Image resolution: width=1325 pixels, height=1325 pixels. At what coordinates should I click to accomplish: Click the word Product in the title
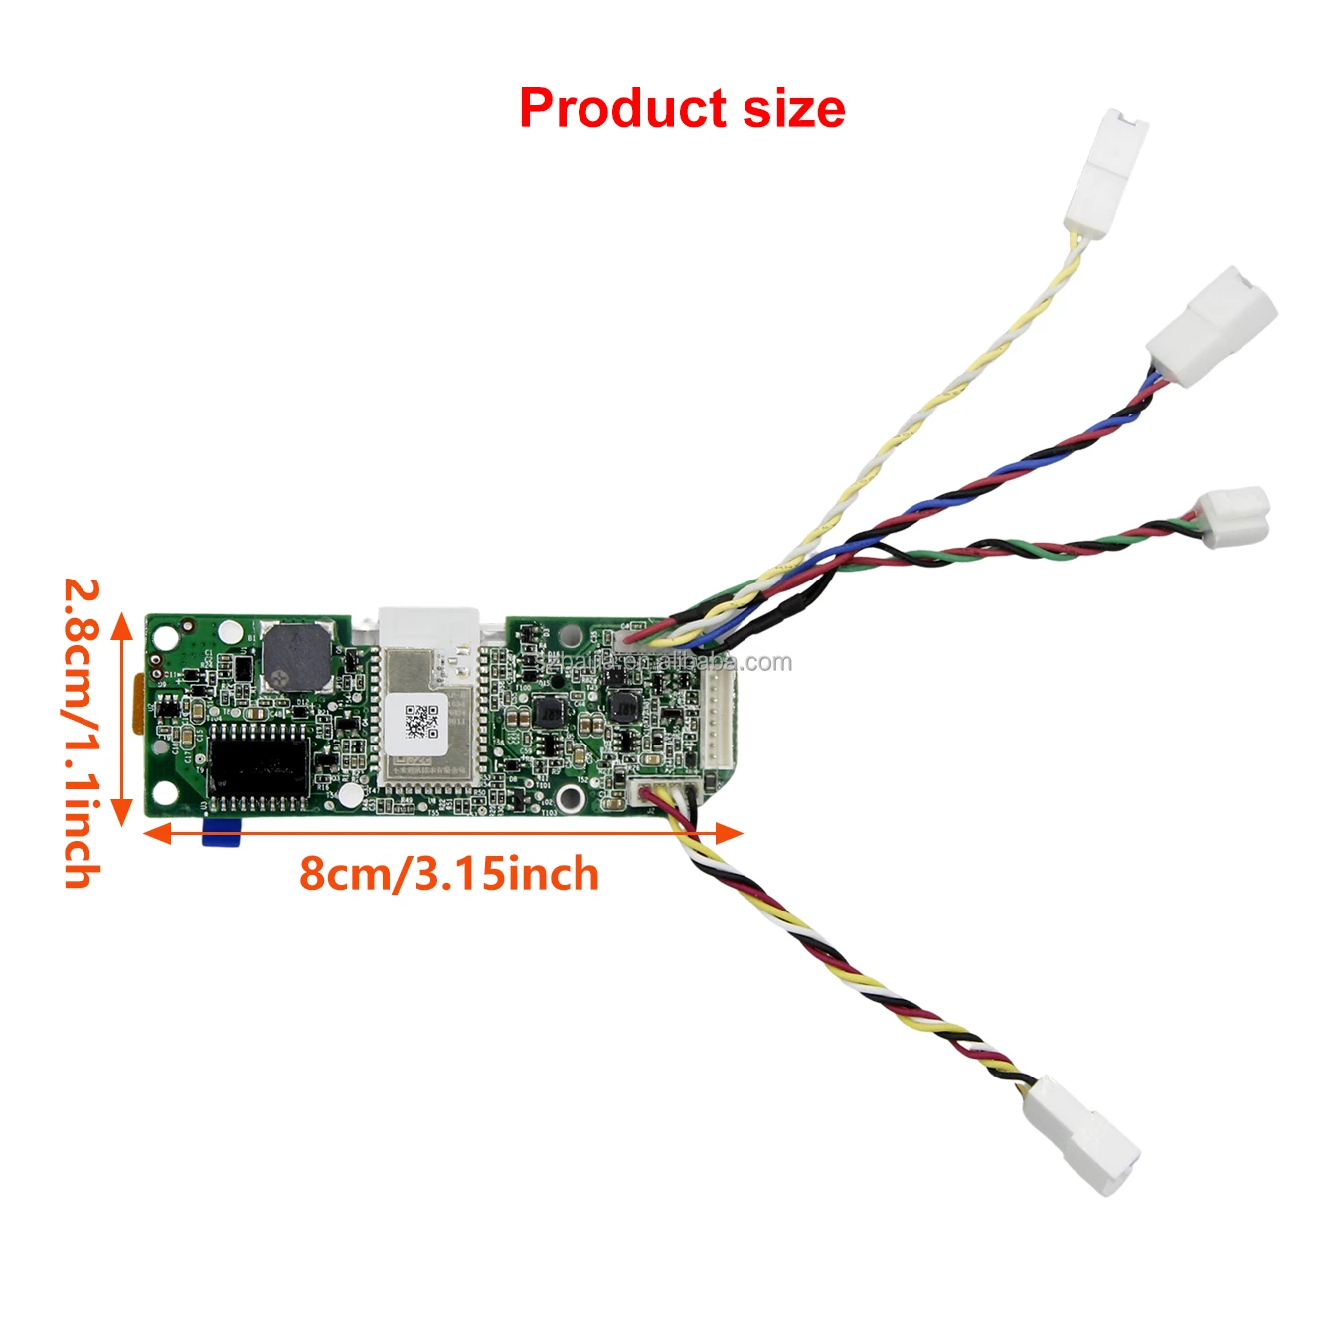tap(623, 108)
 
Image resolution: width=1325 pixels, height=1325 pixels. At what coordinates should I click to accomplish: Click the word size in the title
tap(793, 108)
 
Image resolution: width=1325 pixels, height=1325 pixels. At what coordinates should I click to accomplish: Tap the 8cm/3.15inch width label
tap(449, 874)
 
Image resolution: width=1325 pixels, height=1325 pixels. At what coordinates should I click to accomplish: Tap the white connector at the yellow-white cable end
tap(1105, 174)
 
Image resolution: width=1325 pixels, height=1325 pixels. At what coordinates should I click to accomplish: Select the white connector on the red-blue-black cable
tap(1211, 325)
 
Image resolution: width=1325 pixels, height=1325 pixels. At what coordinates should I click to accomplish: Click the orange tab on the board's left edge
tap(139, 704)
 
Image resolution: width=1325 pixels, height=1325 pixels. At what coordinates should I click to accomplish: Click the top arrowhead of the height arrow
tap(121, 624)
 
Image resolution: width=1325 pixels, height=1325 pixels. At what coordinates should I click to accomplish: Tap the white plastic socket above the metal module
tap(428, 627)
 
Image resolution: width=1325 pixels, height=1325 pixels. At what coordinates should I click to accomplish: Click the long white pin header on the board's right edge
tap(720, 721)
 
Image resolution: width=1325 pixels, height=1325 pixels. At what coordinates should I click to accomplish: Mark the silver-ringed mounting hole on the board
tap(570, 797)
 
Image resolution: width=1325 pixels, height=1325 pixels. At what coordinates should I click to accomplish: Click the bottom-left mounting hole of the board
tap(167, 793)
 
